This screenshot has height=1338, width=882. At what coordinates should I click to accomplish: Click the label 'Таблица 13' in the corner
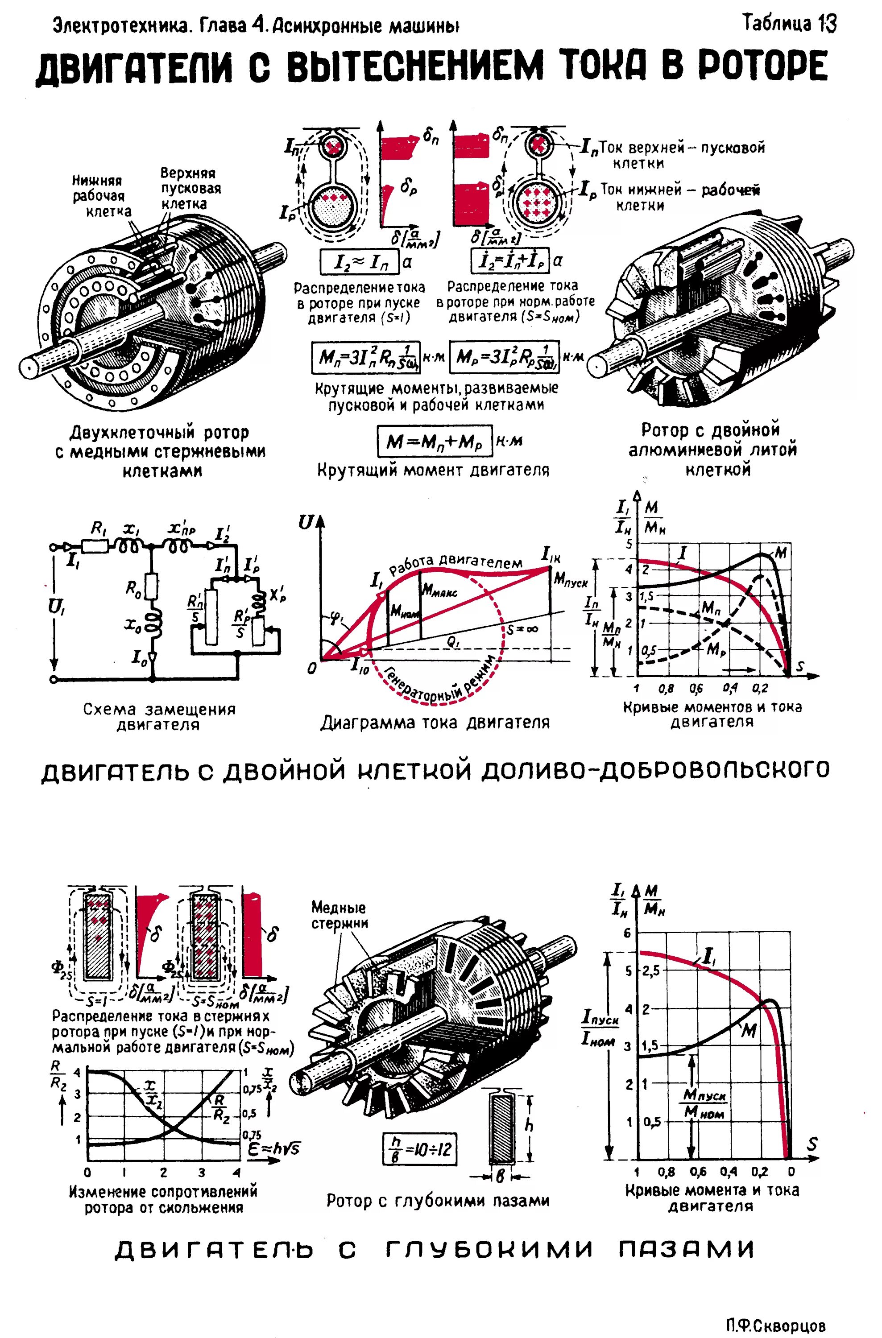pos(789,24)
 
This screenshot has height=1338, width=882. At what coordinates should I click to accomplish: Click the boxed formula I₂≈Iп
pos(358,261)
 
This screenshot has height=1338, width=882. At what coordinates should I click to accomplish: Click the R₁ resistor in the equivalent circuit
pos(95,545)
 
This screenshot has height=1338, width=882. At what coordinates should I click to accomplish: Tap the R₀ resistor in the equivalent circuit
pos(151,586)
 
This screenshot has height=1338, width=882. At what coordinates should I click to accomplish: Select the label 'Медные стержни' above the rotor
pos(339,915)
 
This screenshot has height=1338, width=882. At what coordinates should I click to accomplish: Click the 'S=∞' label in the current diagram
pos(522,630)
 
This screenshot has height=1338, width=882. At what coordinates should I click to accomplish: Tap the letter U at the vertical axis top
pos(306,522)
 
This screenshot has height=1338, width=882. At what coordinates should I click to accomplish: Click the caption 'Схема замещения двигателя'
pos(159,716)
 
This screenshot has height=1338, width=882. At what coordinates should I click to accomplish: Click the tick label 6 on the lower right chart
pos(628,934)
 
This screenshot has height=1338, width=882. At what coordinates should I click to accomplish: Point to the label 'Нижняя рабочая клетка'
pos(101,196)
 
